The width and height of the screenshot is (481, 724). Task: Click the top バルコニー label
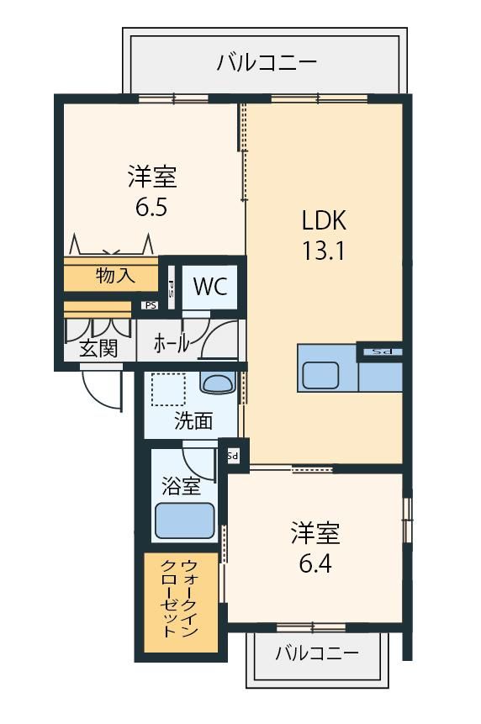click(x=267, y=62)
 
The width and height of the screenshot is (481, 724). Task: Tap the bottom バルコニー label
click(x=317, y=653)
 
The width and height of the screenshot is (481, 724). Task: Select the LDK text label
click(x=324, y=220)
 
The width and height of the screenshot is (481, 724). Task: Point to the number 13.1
click(x=323, y=251)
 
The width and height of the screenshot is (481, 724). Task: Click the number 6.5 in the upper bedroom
click(x=151, y=208)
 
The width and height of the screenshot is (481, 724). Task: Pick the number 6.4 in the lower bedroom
click(x=315, y=563)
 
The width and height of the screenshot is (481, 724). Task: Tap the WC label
click(x=210, y=287)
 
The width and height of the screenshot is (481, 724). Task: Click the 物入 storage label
click(x=115, y=276)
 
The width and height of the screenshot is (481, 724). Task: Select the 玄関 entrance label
click(x=98, y=348)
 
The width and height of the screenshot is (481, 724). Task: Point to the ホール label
click(x=171, y=344)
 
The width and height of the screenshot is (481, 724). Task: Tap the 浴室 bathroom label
click(x=181, y=486)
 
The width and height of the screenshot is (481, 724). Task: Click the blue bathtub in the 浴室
click(x=185, y=521)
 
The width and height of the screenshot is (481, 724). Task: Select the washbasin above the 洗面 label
click(x=218, y=383)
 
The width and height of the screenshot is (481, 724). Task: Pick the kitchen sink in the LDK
click(x=321, y=376)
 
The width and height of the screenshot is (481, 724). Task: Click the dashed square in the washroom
click(x=168, y=389)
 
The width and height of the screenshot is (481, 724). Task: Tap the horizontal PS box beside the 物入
click(x=151, y=305)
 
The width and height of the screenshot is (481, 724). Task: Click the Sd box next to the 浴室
click(x=233, y=457)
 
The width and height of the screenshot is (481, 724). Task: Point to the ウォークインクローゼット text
click(x=180, y=599)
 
